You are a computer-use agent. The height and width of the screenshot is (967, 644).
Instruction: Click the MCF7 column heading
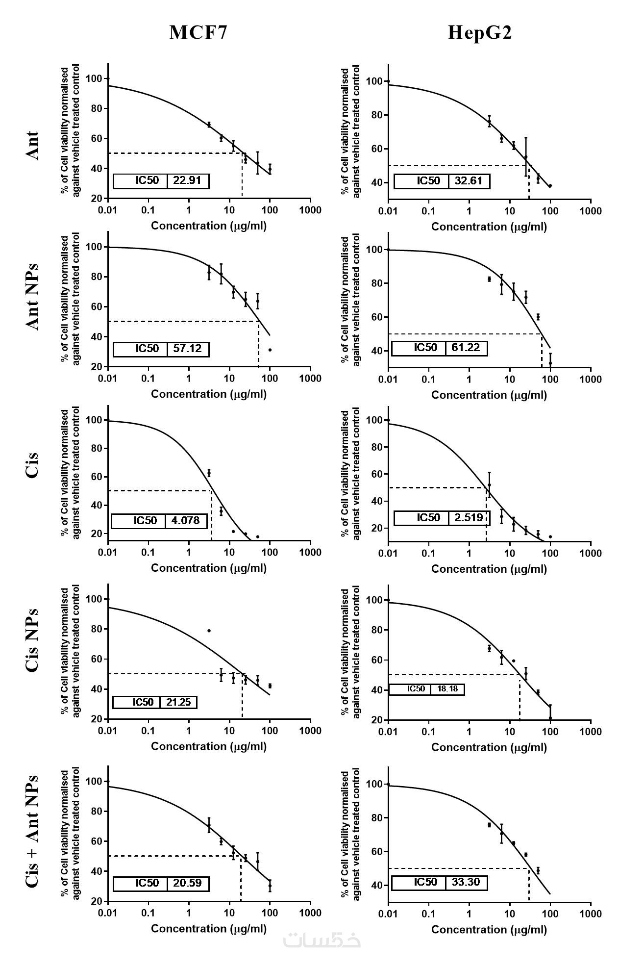(x=198, y=32)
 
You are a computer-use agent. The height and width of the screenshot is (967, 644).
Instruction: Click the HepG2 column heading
(x=480, y=32)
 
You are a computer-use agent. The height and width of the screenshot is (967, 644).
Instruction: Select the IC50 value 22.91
(x=187, y=180)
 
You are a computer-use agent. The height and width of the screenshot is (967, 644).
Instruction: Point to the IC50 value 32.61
(x=469, y=180)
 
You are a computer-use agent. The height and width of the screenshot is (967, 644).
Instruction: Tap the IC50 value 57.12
(x=187, y=349)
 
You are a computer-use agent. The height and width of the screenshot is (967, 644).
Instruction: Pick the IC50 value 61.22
(x=466, y=348)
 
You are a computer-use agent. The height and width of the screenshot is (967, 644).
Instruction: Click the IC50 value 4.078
(x=186, y=520)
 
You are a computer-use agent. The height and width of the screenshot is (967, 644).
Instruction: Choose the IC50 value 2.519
(x=469, y=517)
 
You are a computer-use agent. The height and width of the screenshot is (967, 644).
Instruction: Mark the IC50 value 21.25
(x=178, y=702)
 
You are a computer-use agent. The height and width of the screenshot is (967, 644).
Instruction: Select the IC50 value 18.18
(x=447, y=689)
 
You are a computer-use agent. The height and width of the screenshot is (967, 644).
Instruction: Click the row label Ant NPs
(x=32, y=297)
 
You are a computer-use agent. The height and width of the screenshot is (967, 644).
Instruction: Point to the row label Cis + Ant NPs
(x=32, y=831)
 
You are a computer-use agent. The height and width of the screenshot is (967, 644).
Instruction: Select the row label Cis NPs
(x=32, y=640)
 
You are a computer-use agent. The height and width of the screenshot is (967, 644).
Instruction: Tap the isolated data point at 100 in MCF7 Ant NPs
(x=270, y=350)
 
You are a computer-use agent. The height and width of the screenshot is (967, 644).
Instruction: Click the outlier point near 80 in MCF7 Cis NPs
(x=209, y=631)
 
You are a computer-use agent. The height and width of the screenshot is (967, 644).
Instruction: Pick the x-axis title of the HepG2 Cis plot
(x=489, y=569)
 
